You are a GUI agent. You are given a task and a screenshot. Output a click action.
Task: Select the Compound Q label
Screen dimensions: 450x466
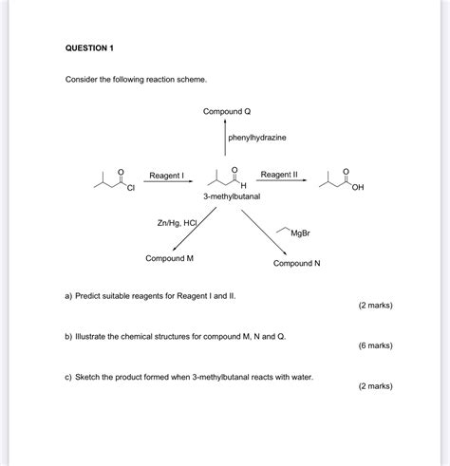[x=226, y=112]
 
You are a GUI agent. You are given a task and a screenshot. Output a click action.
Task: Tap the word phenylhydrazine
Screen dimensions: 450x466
[x=257, y=139]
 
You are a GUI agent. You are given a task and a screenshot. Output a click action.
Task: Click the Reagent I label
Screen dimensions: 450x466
[x=166, y=176]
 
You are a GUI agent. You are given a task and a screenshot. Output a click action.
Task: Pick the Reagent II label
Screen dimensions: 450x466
[x=279, y=175]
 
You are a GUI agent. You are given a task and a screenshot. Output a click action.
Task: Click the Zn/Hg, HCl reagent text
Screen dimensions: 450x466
[x=178, y=223]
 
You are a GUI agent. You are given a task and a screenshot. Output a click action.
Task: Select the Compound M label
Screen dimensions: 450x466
[x=170, y=258]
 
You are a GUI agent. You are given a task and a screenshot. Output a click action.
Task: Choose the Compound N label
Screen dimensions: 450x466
[x=297, y=263]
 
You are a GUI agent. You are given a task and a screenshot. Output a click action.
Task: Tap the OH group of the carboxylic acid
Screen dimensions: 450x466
[x=357, y=188]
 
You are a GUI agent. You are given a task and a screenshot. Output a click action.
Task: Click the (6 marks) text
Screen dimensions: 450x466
[x=375, y=345]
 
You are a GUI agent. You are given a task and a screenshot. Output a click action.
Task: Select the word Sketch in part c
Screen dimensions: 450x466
[x=91, y=377]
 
